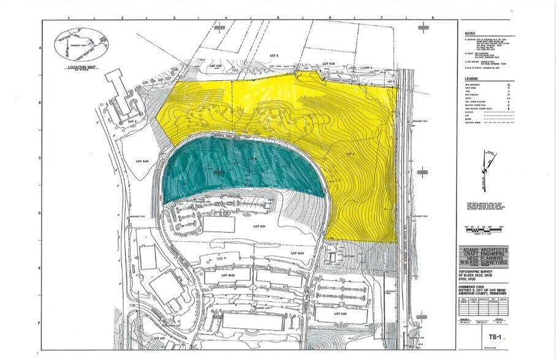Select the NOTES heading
470,34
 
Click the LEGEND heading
471,79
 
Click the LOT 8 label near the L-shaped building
131,122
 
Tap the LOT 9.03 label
142,161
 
